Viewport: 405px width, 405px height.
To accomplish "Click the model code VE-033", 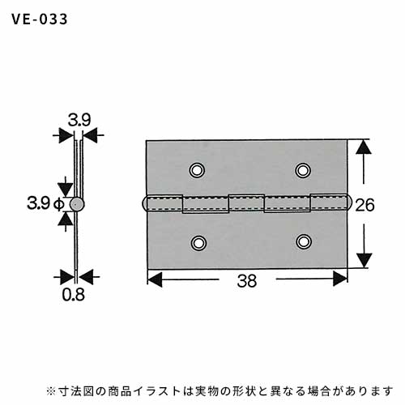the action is coord(40,19).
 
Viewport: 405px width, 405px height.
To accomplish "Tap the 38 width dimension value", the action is coord(247,281).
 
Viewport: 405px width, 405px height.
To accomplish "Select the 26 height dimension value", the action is coord(364,205).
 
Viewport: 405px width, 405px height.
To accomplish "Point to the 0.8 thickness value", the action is coord(73,295).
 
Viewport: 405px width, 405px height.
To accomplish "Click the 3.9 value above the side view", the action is coord(79,120).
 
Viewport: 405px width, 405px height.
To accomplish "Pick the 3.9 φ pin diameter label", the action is coord(45,203).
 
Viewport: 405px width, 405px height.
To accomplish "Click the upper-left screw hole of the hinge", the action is coord(197,170).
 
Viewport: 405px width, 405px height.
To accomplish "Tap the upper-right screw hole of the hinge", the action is coord(303,170).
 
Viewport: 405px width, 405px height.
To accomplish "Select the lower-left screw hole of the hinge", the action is coord(198,243).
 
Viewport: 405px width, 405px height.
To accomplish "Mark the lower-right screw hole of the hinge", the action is coord(304,241).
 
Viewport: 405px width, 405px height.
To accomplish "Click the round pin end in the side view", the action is coord(77,204).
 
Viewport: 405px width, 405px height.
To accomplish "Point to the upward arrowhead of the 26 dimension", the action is coord(364,147).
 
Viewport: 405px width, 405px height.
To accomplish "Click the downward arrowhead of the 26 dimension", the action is coord(364,261).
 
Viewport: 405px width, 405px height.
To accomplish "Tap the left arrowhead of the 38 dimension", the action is coord(155,279).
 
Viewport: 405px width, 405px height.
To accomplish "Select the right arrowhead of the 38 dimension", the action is coord(340,279).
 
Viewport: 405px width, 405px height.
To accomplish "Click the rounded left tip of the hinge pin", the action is coord(144,203).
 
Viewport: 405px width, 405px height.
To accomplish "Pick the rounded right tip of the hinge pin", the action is coord(349,202).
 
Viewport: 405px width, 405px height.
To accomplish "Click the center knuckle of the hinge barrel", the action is coord(246,202).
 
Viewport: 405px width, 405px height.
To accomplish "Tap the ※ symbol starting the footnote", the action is coord(50,391).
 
